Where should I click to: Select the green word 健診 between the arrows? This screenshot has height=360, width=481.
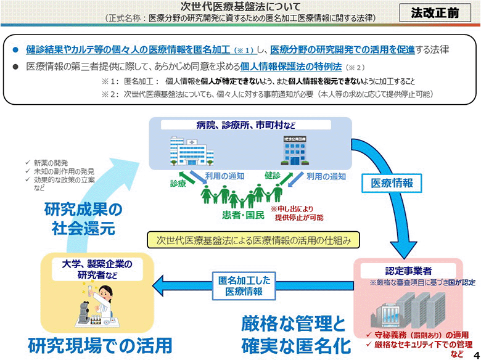point(273,175)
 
